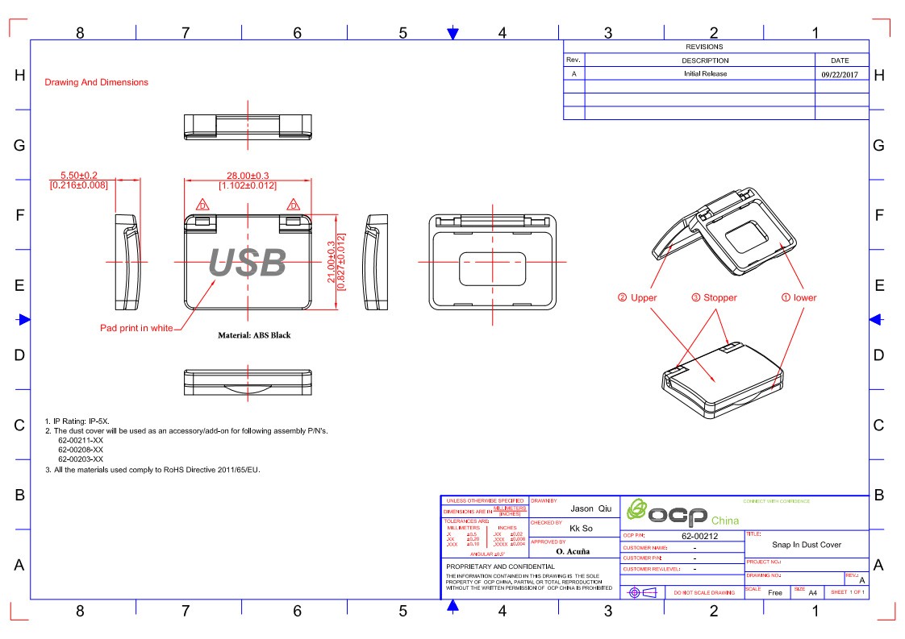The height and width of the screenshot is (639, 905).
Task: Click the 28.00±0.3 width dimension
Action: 248,175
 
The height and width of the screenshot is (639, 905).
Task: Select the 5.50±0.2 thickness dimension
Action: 79,175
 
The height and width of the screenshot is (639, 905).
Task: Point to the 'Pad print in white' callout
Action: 136,328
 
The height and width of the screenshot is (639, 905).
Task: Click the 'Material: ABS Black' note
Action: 254,335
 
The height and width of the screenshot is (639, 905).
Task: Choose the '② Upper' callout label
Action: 637,297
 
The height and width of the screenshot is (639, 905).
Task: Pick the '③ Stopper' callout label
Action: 714,297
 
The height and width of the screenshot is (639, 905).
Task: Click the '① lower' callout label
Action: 799,297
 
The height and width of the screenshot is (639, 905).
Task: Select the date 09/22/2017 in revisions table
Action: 840,74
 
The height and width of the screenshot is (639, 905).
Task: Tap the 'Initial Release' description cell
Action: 705,74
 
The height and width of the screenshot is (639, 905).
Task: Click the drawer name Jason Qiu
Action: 591,508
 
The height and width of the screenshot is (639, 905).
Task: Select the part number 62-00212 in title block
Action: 699,535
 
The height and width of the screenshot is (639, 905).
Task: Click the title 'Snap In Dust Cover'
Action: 807,545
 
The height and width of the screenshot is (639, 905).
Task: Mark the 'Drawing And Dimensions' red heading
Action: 96,82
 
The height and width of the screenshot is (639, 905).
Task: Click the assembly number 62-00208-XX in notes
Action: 81,450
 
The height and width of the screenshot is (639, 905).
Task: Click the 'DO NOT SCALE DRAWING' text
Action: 704,593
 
